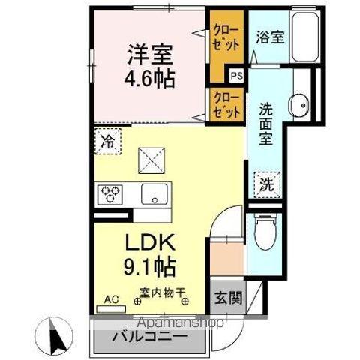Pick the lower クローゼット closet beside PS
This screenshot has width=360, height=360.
pyautogui.click(x=226, y=103)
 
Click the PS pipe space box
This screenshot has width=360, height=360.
pyautogui.click(x=237, y=75)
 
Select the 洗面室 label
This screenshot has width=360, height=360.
pyautogui.click(x=267, y=124)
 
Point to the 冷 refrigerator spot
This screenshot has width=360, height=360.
pyautogui.click(x=107, y=139)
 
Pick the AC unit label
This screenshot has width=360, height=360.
pyautogui.click(x=112, y=298)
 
